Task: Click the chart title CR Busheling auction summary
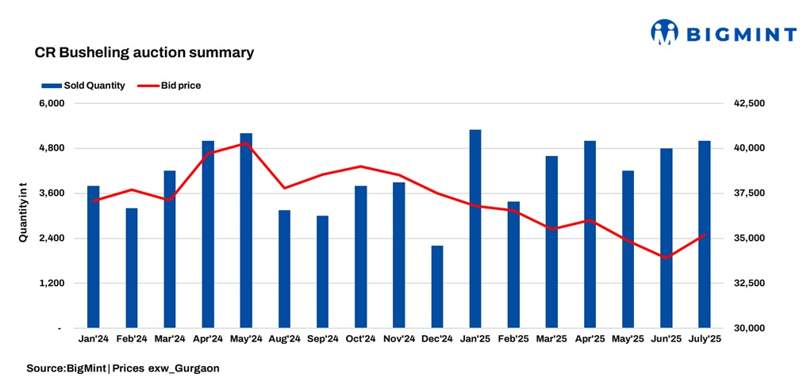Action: click(x=144, y=53)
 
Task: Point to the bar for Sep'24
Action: click(x=322, y=271)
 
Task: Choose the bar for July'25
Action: click(x=704, y=234)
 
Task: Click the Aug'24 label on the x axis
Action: click(x=284, y=339)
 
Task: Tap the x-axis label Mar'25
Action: click(x=551, y=339)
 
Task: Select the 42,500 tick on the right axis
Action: click(x=747, y=104)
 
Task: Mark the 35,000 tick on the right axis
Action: click(x=747, y=238)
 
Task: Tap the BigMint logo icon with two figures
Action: click(x=665, y=32)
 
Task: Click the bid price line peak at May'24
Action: click(x=246, y=143)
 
